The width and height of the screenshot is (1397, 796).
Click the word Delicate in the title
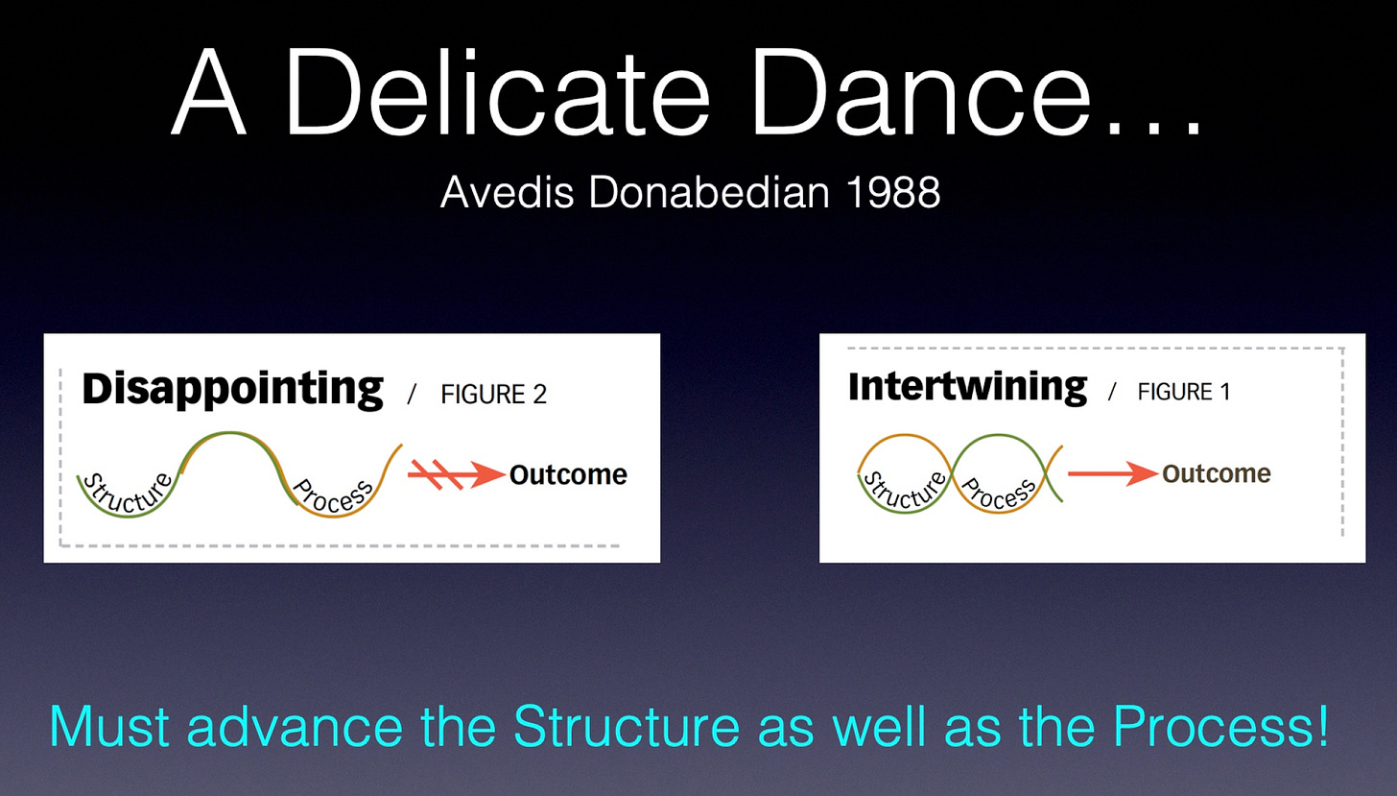(x=497, y=91)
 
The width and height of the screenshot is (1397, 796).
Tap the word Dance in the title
(x=921, y=91)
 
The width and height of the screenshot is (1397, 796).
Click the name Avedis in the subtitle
(x=507, y=192)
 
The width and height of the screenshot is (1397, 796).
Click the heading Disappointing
(x=232, y=391)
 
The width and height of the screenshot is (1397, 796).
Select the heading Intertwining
(x=968, y=388)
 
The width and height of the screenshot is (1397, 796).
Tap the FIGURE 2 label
(x=494, y=395)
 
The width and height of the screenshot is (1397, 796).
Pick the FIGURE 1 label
(x=1184, y=392)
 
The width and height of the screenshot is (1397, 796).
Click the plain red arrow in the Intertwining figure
(x=1113, y=473)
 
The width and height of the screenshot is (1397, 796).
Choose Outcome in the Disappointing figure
(x=568, y=475)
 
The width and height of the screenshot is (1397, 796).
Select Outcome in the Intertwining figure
(x=1217, y=473)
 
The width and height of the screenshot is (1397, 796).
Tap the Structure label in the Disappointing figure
(x=129, y=497)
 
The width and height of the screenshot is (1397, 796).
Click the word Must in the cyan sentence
(x=109, y=726)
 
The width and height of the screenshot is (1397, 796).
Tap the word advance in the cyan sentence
(x=295, y=726)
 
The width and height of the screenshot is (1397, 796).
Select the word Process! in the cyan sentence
(x=1221, y=726)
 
